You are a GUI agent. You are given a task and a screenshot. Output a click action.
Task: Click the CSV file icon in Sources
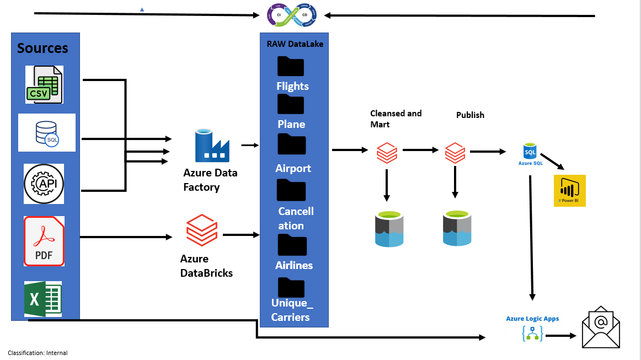point(44,84)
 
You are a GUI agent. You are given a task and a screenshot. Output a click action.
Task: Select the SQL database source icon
point(47,133)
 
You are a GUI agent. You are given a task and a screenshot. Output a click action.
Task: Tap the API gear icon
point(44,184)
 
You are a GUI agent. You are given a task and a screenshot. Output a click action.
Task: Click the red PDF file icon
point(44,241)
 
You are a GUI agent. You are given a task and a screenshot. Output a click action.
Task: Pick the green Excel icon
point(43,299)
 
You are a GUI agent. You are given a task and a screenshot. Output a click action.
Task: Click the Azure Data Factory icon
point(212,146)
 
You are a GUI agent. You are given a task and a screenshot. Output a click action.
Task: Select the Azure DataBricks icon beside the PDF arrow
point(202,230)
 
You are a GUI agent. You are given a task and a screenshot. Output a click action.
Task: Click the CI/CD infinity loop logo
point(292,15)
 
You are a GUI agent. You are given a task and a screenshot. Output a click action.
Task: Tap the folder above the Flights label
point(291,67)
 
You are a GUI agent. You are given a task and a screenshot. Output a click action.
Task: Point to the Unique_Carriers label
point(291,310)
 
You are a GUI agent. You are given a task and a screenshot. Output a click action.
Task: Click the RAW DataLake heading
point(295,44)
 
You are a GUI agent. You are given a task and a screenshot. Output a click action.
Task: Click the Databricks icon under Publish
point(455,153)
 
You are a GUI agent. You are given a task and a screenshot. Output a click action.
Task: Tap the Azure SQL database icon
point(530,151)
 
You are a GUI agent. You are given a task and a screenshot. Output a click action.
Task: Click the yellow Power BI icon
point(569,190)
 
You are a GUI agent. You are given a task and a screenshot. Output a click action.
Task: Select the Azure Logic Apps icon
point(532,333)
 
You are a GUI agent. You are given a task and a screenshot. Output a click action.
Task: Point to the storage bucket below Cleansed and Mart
point(389,228)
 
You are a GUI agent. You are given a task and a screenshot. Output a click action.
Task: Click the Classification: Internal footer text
point(38,353)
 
